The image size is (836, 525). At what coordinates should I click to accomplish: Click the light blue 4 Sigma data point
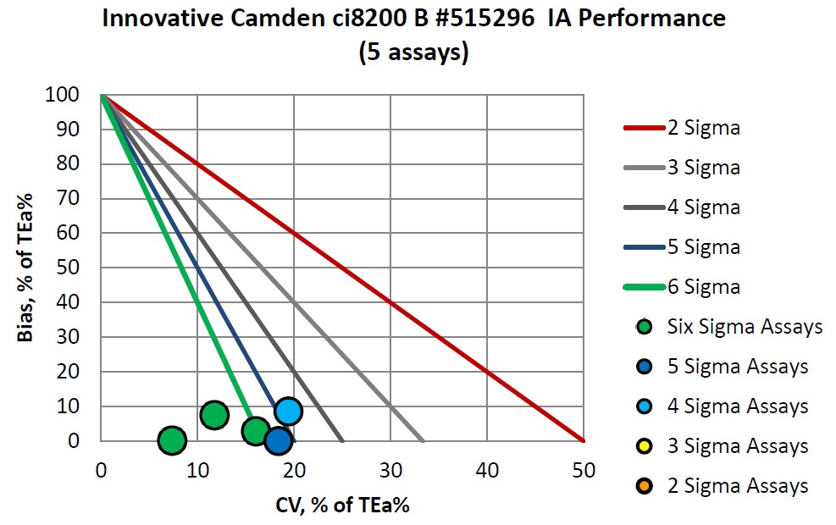click(288, 412)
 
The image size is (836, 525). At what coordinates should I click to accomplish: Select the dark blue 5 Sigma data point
click(278, 440)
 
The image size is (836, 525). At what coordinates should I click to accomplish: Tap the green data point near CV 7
click(172, 440)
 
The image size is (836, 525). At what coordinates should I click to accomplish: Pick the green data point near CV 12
click(214, 415)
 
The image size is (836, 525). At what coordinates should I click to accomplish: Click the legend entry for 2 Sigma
click(681, 128)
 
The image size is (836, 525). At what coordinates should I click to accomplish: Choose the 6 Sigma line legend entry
click(681, 287)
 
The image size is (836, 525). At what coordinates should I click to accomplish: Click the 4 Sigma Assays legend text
click(737, 406)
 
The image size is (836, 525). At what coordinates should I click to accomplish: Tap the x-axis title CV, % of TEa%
click(342, 506)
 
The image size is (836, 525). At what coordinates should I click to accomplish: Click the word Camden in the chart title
click(279, 19)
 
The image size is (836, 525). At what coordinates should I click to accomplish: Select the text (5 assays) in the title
click(413, 52)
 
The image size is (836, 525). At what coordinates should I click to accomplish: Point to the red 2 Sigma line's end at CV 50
click(583, 440)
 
